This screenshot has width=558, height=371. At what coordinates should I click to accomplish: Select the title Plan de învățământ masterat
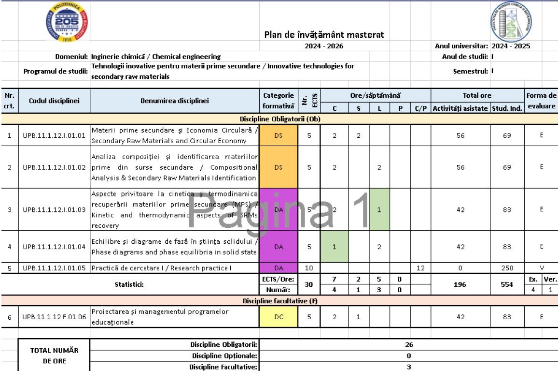(324, 35)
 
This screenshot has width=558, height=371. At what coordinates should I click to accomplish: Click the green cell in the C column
(334, 247)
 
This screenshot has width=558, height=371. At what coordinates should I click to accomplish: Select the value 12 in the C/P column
(420, 267)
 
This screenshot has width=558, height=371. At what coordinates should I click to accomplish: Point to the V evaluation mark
(542, 267)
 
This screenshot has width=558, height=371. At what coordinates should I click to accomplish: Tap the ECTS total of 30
(309, 284)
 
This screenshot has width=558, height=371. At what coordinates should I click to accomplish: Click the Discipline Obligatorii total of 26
(408, 345)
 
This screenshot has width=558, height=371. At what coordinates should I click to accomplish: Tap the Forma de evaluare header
(541, 101)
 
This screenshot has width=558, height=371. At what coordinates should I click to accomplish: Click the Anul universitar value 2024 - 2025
(510, 46)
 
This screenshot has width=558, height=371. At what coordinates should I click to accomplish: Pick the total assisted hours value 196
(460, 284)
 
